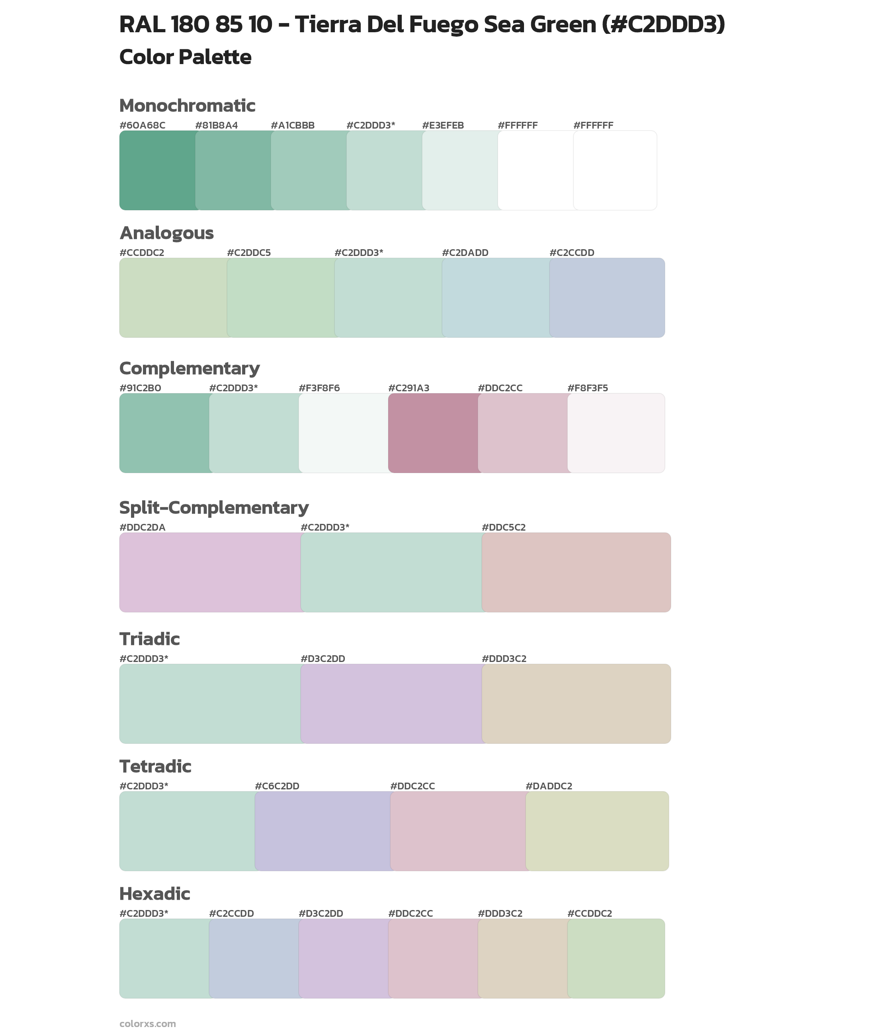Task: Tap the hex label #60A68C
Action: [x=142, y=125]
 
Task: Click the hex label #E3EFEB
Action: [x=443, y=125]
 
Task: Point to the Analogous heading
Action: [x=166, y=233]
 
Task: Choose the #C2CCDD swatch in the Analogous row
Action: [x=607, y=297]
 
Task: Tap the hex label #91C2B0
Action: [x=140, y=388]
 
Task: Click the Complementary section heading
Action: [x=189, y=368]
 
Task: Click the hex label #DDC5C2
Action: [x=504, y=527]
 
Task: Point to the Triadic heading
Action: [x=149, y=639]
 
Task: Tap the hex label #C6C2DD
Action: [x=277, y=786]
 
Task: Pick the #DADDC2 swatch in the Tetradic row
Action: [x=597, y=831]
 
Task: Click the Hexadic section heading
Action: [x=154, y=894]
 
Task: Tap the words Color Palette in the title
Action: [x=185, y=57]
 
